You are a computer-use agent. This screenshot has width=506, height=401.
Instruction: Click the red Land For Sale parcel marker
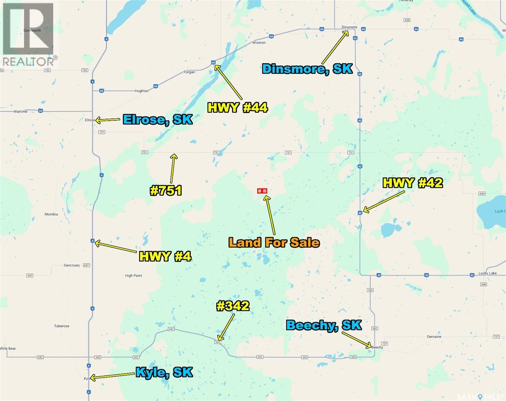pyautogui.click(x=262, y=191)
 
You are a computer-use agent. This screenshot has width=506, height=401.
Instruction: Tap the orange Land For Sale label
pyautogui.click(x=274, y=242)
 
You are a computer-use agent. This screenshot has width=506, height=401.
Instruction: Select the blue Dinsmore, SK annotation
pyautogui.click(x=307, y=69)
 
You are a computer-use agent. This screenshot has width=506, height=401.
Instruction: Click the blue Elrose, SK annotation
pyautogui.click(x=158, y=119)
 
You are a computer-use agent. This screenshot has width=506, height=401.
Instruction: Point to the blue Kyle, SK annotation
pyautogui.click(x=164, y=372)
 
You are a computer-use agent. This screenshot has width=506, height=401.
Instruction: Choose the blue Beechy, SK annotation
pyautogui.click(x=324, y=325)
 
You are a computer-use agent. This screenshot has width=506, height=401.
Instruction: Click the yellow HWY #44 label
pyautogui.click(x=237, y=108)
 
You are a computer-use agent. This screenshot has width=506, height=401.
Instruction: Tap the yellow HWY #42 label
pyautogui.click(x=412, y=183)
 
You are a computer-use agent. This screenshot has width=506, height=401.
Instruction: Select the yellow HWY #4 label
pyautogui.click(x=165, y=256)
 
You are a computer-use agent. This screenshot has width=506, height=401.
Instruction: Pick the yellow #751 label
pyautogui.click(x=166, y=190)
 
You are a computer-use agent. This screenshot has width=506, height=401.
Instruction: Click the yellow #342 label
pyautogui.click(x=233, y=306)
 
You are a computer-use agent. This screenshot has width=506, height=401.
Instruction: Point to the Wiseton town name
pyautogui.click(x=259, y=43)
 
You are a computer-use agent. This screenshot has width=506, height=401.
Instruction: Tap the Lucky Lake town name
pyautogui.click(x=487, y=273)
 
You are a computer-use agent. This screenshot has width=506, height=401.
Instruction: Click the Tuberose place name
pyautogui.click(x=62, y=326)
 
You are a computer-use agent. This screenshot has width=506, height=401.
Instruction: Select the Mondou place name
pyautogui.click(x=51, y=214)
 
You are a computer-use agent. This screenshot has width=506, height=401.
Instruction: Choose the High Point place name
pyautogui.click(x=134, y=276)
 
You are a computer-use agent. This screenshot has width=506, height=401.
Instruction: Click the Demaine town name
pyautogui.click(x=434, y=337)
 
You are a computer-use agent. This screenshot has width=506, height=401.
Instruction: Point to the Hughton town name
pyautogui.click(x=142, y=91)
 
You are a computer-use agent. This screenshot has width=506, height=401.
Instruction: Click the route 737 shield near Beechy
pyautogui.click(x=385, y=343)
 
